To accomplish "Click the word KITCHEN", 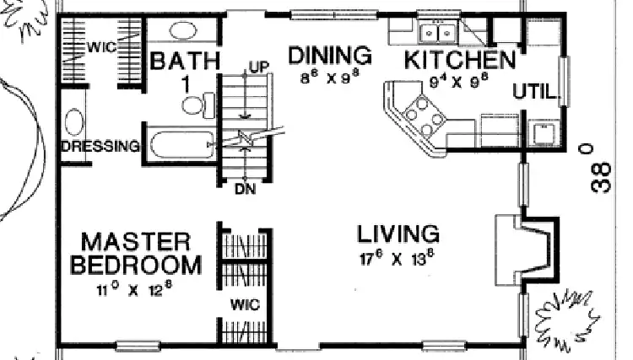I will (459, 60).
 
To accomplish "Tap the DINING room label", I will (330, 56).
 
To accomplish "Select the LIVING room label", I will (397, 233).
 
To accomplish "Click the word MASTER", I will (135, 242).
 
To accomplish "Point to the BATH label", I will (184, 62).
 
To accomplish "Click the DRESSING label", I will (100, 147).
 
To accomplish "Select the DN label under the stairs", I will (245, 188).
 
